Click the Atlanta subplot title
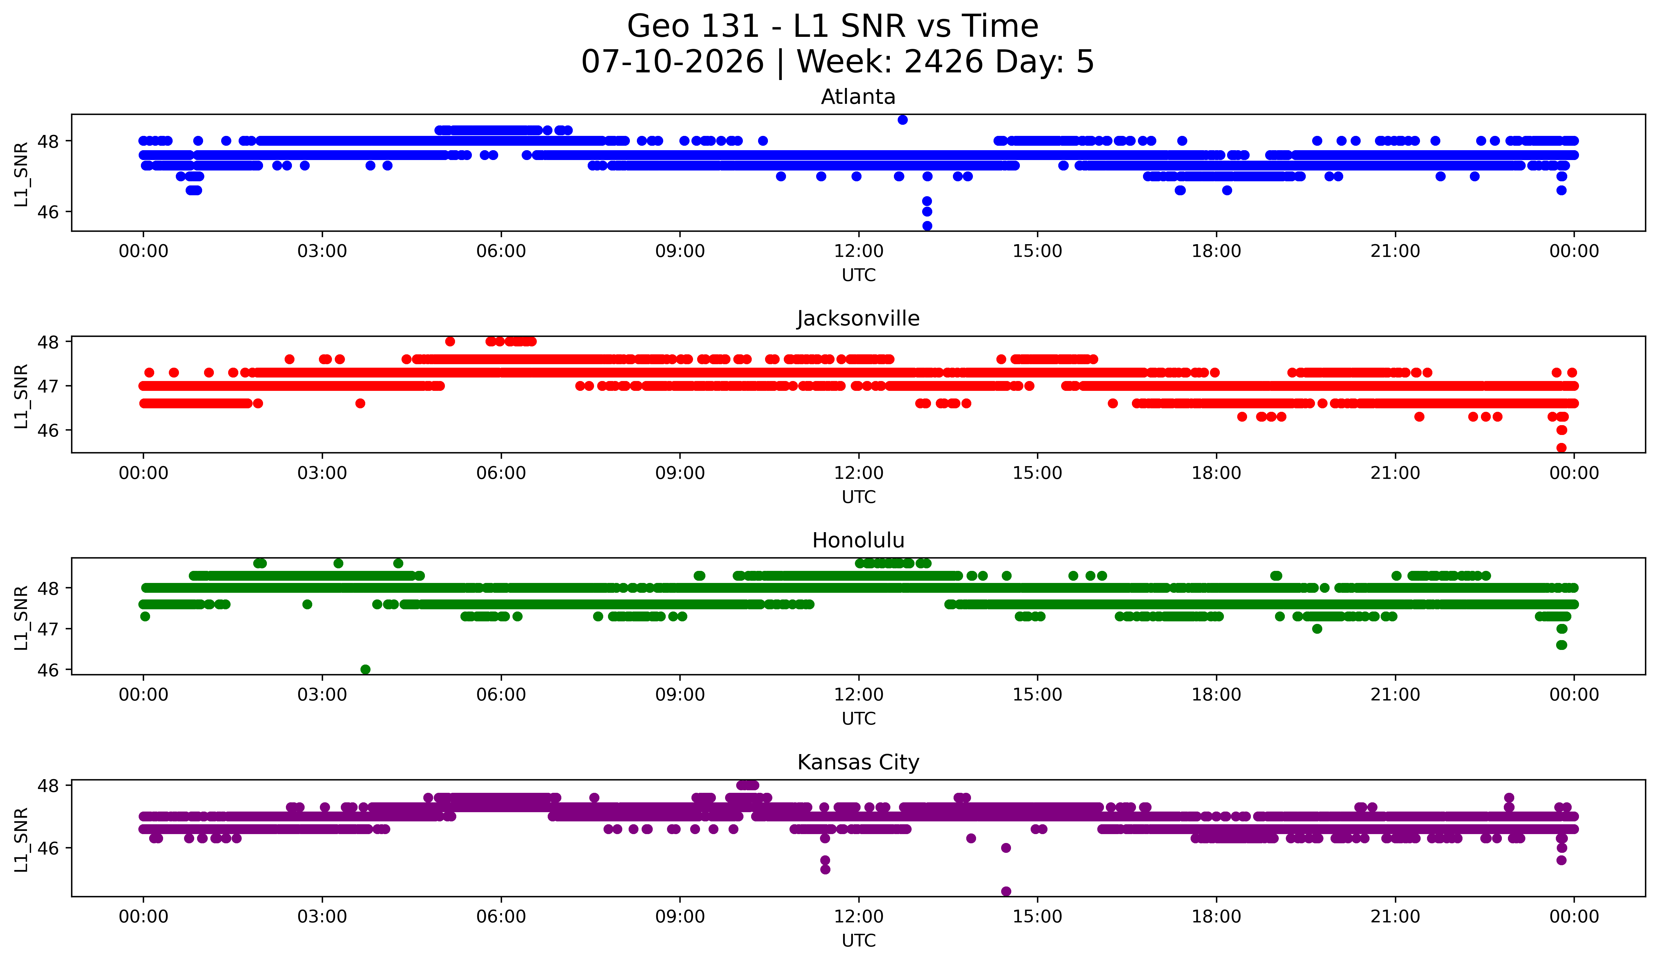[858, 97]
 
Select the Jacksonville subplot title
[858, 318]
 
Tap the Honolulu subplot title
[858, 540]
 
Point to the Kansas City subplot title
[858, 762]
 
